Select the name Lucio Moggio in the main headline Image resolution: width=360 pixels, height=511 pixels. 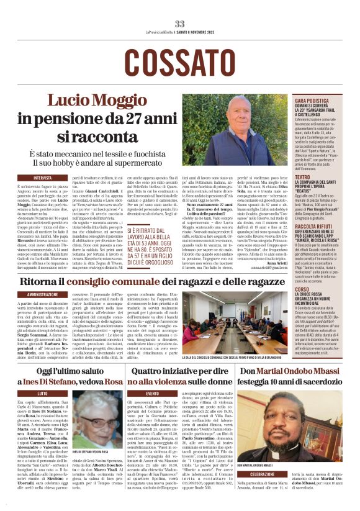pos(92,101)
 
